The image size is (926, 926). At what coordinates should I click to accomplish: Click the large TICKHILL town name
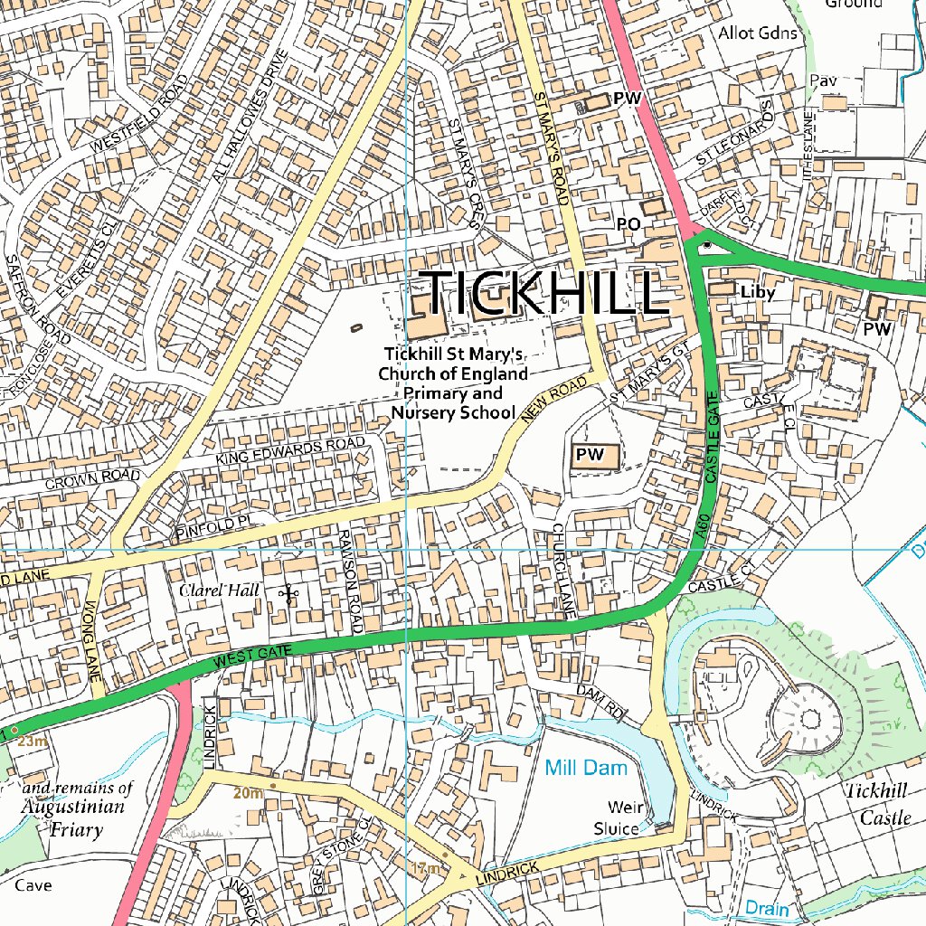[545, 292]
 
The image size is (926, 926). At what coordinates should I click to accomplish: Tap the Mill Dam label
[585, 768]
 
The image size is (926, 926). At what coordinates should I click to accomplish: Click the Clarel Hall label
[219, 591]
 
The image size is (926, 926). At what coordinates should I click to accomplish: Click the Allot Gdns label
[758, 33]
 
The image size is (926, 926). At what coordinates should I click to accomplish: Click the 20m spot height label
[248, 793]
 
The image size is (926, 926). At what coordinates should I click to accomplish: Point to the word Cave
[33, 885]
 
